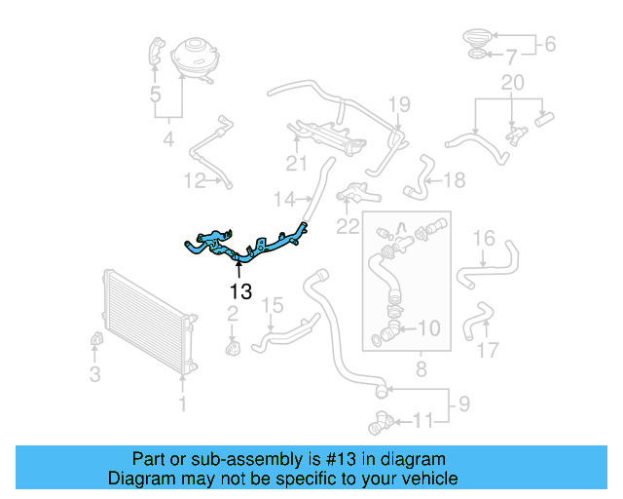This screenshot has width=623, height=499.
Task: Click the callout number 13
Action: [240, 290]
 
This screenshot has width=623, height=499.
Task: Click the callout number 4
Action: [168, 141]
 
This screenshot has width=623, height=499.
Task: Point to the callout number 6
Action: [548, 44]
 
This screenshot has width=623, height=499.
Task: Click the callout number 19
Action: [400, 103]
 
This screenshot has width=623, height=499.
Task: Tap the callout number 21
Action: [296, 162]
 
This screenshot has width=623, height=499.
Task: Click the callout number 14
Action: [283, 200]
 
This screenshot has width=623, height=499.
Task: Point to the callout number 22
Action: [348, 226]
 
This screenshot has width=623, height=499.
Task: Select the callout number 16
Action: [484, 239]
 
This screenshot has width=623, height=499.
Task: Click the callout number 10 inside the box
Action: [428, 328]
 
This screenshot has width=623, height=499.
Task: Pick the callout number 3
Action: [94, 373]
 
